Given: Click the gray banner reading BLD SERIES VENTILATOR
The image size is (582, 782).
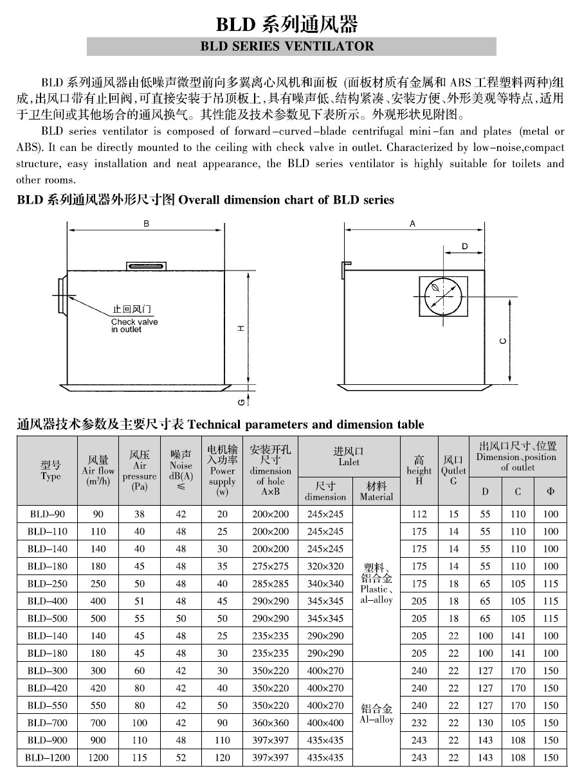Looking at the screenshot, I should click(x=291, y=46).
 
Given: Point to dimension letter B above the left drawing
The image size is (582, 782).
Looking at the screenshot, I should click(x=147, y=224).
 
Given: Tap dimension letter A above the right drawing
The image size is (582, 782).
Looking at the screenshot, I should click(x=412, y=224).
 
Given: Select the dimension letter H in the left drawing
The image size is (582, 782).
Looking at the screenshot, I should click(x=241, y=327).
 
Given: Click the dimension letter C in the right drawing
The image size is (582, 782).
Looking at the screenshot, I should click(x=502, y=341).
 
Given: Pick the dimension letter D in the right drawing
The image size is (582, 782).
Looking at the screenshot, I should click(x=464, y=247).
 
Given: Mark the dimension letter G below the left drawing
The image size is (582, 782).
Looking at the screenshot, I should click(x=241, y=402).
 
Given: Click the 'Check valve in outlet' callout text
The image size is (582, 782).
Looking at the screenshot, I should click(x=134, y=325).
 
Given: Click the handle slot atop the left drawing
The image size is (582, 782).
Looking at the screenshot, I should click(x=147, y=266).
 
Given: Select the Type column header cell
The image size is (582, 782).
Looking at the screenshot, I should click(x=50, y=470).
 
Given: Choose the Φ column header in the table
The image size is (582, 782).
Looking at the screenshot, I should click(x=550, y=492).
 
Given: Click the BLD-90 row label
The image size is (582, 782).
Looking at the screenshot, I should click(x=48, y=514).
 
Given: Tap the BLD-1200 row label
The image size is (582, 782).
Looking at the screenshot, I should click(x=48, y=757).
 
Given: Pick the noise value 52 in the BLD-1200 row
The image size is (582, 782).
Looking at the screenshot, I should click(x=181, y=757).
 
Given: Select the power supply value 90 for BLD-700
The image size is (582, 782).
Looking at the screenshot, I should click(x=223, y=722).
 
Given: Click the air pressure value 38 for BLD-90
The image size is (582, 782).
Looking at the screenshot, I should click(x=139, y=514).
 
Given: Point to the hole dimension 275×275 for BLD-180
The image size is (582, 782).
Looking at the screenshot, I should click(x=270, y=566).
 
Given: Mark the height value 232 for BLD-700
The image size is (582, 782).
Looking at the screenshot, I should click(x=419, y=722).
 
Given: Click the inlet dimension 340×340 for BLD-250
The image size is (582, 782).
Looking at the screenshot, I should click(x=325, y=583).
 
